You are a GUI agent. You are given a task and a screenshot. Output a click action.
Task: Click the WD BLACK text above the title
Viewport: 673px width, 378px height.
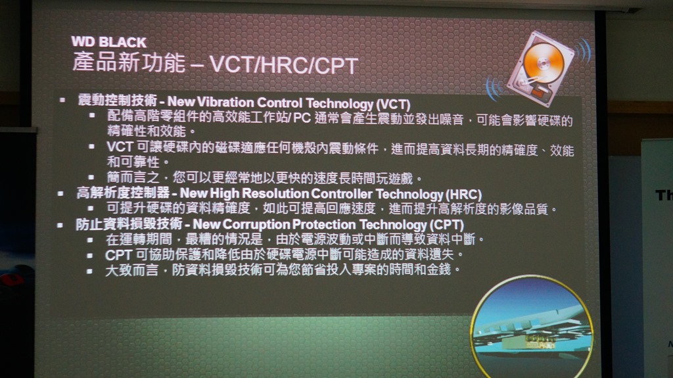coord(109,42)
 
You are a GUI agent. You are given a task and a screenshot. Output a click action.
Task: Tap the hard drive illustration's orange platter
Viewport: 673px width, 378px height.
coord(544,62)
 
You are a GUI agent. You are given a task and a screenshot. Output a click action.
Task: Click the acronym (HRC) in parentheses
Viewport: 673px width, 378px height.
coord(463,195)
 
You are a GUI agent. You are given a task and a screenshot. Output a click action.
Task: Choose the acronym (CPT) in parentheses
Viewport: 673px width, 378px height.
coord(446,225)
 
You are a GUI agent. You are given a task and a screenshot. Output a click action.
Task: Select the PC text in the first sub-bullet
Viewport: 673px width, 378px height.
coord(302,118)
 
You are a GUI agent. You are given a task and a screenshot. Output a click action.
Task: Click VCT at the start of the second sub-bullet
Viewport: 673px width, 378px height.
coord(120,147)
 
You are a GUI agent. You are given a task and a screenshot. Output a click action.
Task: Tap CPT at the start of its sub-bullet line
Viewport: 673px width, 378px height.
coord(118,255)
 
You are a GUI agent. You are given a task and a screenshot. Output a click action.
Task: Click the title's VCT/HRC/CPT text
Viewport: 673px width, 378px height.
coord(284,65)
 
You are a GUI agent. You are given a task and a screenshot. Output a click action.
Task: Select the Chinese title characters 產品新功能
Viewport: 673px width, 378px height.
coord(129,62)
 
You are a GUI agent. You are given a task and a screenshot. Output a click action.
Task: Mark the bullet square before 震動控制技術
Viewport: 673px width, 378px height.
coord(62,100)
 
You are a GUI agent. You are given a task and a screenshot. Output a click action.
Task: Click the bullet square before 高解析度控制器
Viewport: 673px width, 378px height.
coord(60,193)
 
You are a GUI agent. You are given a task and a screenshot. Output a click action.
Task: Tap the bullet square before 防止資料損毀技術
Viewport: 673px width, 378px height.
coord(60,225)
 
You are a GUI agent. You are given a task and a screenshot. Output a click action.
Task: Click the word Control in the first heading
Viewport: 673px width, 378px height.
coord(280,103)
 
